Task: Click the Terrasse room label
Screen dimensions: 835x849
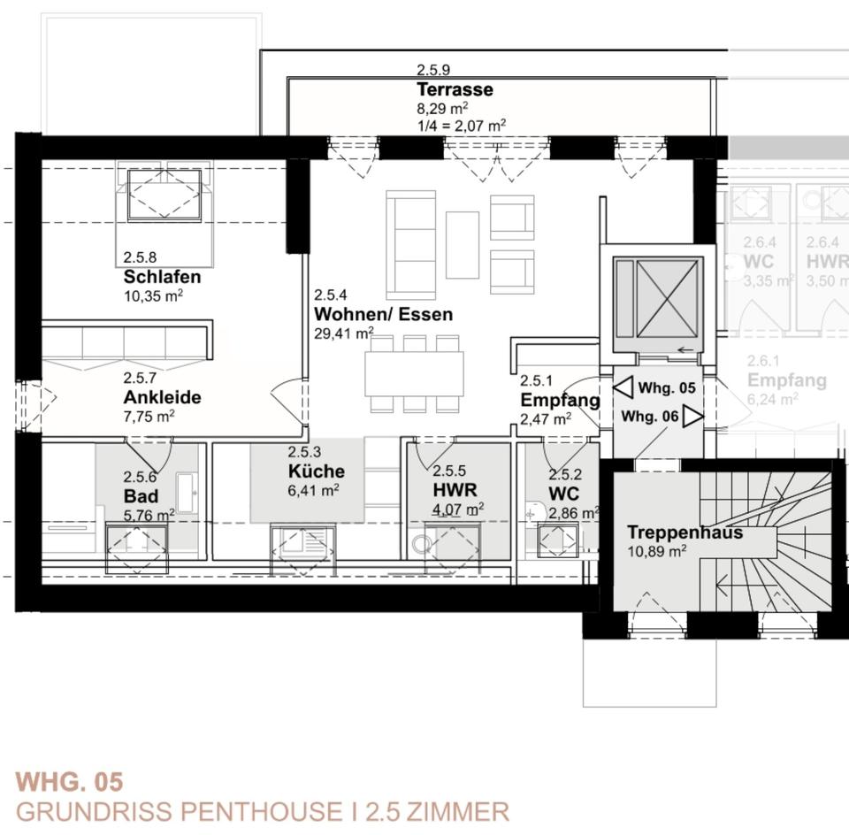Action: (x=455, y=90)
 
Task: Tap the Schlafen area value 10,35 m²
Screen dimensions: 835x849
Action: (x=153, y=295)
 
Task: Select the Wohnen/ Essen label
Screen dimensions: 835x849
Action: (x=383, y=314)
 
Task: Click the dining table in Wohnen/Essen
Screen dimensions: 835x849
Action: (x=414, y=373)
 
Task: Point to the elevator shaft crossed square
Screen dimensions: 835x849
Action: (x=668, y=298)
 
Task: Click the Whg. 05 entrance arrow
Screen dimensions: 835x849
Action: (x=623, y=387)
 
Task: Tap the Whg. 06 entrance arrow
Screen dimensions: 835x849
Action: (x=692, y=417)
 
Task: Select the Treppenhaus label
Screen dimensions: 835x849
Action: (x=685, y=532)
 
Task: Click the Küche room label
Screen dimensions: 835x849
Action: (x=316, y=471)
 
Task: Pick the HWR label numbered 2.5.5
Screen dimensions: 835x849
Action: (x=455, y=489)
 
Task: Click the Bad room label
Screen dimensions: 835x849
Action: (x=141, y=495)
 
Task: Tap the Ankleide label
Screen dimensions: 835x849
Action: (x=162, y=397)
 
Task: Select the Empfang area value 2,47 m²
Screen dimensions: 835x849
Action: (x=545, y=419)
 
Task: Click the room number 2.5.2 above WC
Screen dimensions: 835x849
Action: (x=565, y=475)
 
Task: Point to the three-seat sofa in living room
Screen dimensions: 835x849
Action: (x=410, y=244)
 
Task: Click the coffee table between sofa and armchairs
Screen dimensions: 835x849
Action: (x=462, y=244)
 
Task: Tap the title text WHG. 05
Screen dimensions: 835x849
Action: (x=69, y=782)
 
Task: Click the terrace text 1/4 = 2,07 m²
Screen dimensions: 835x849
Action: (x=461, y=125)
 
